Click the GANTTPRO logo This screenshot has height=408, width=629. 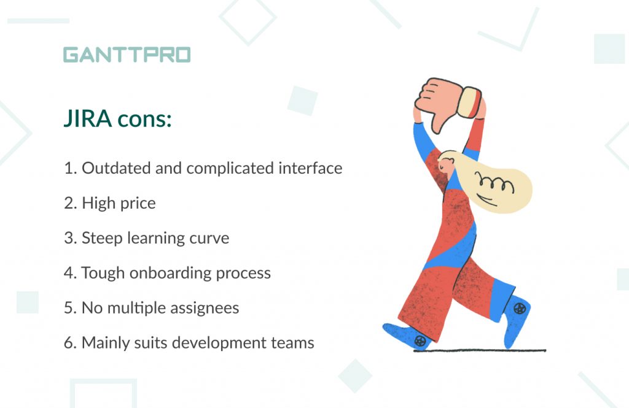coord(127,55)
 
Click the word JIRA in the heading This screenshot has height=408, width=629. coord(87,118)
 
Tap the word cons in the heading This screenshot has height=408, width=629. coord(144,120)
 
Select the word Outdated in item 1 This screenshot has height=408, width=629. coord(116,168)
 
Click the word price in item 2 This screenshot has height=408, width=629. coord(138,204)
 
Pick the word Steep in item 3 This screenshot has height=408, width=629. coord(102,239)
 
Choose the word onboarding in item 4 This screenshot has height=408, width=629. coord(170,274)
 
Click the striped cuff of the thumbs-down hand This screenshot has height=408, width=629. coord(470,102)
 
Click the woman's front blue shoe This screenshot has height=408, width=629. coord(407,336)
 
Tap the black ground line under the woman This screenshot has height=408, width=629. coord(480,351)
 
